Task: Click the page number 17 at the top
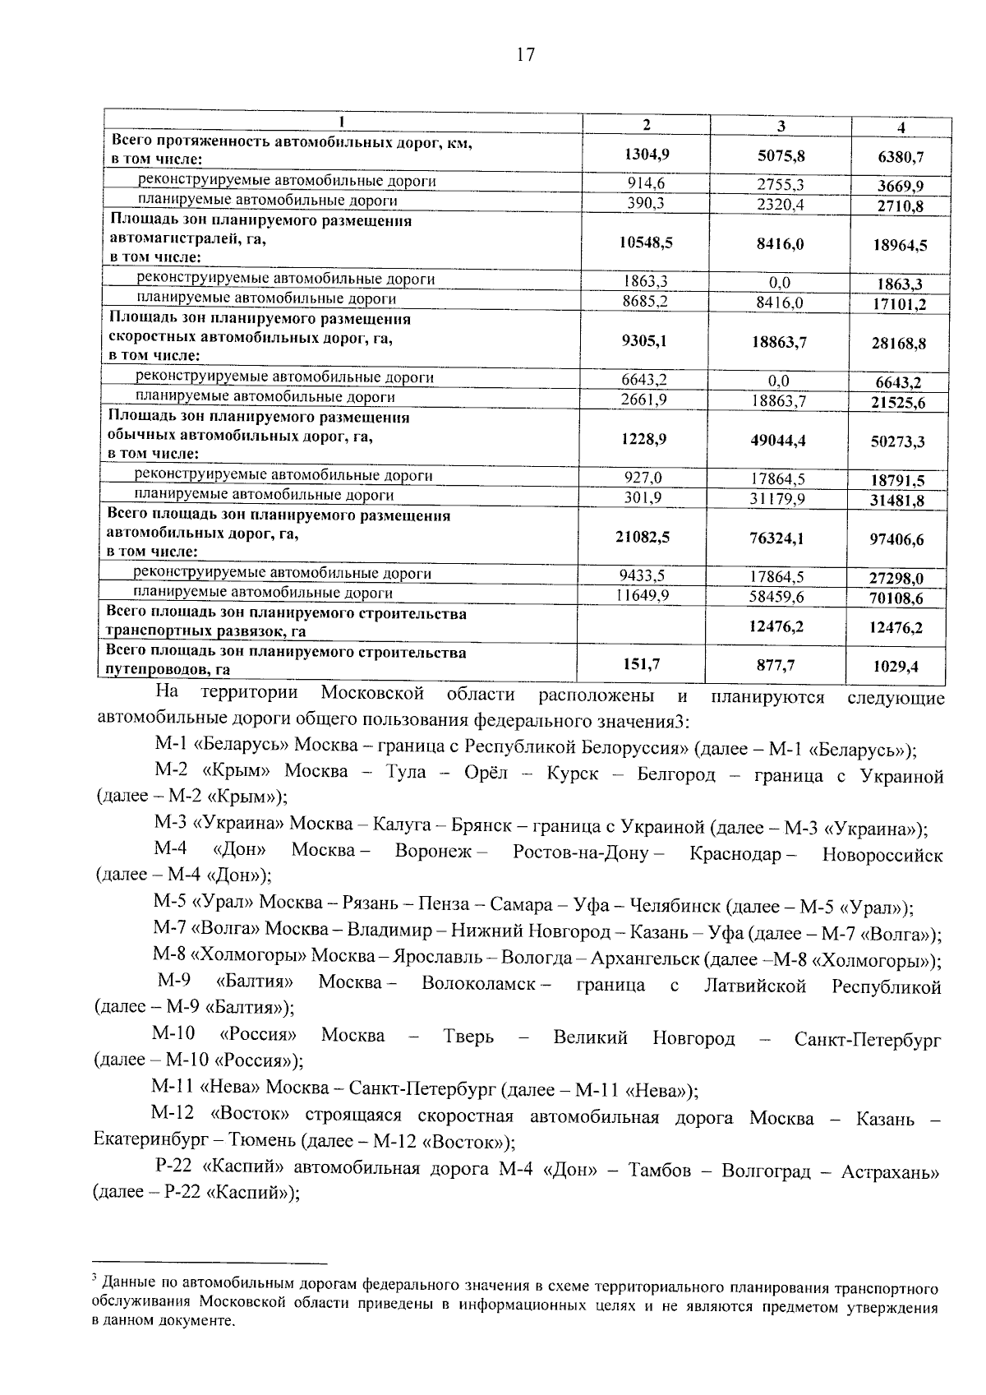525,55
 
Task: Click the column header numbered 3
781,126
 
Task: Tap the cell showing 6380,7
901,156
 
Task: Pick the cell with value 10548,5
646,243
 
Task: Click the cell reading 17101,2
900,304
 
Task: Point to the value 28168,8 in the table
899,344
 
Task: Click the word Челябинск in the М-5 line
673,906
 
